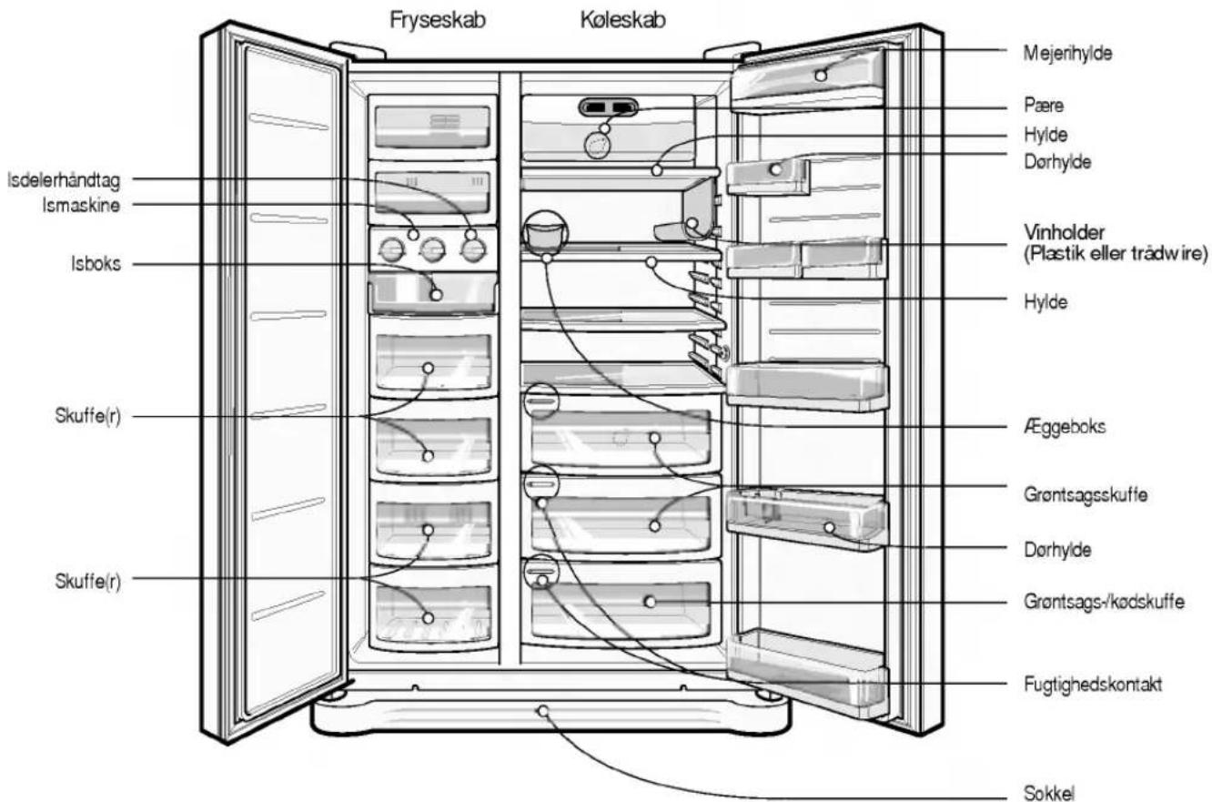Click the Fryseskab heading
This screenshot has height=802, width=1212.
pyautogui.click(x=438, y=21)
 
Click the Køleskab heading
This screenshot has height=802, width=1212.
pyautogui.click(x=622, y=21)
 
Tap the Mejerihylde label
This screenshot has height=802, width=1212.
pyautogui.click(x=1067, y=54)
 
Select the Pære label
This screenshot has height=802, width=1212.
pyautogui.click(x=1044, y=105)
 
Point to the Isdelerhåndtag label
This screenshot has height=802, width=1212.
pyautogui.click(x=64, y=181)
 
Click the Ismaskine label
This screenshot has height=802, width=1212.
pyautogui.click(x=81, y=206)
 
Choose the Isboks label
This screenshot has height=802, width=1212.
pyautogui.click(x=96, y=264)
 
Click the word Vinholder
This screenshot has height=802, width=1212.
pyautogui.click(x=1065, y=233)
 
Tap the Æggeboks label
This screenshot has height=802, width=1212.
pyautogui.click(x=1065, y=427)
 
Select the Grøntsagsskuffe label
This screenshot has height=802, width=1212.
pyautogui.click(x=1086, y=494)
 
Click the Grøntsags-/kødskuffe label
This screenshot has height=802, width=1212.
pyautogui.click(x=1104, y=601)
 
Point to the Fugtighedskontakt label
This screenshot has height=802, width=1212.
pyautogui.click(x=1093, y=685)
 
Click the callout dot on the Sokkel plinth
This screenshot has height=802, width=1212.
pyautogui.click(x=543, y=711)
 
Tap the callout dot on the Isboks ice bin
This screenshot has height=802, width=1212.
pyautogui.click(x=436, y=295)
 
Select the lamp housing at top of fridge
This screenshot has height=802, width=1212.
pyautogui.click(x=608, y=107)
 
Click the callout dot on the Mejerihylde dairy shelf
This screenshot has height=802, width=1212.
pyautogui.click(x=821, y=76)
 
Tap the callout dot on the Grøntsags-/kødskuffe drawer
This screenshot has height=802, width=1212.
pyautogui.click(x=650, y=601)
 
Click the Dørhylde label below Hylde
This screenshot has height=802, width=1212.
pyautogui.click(x=1057, y=162)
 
